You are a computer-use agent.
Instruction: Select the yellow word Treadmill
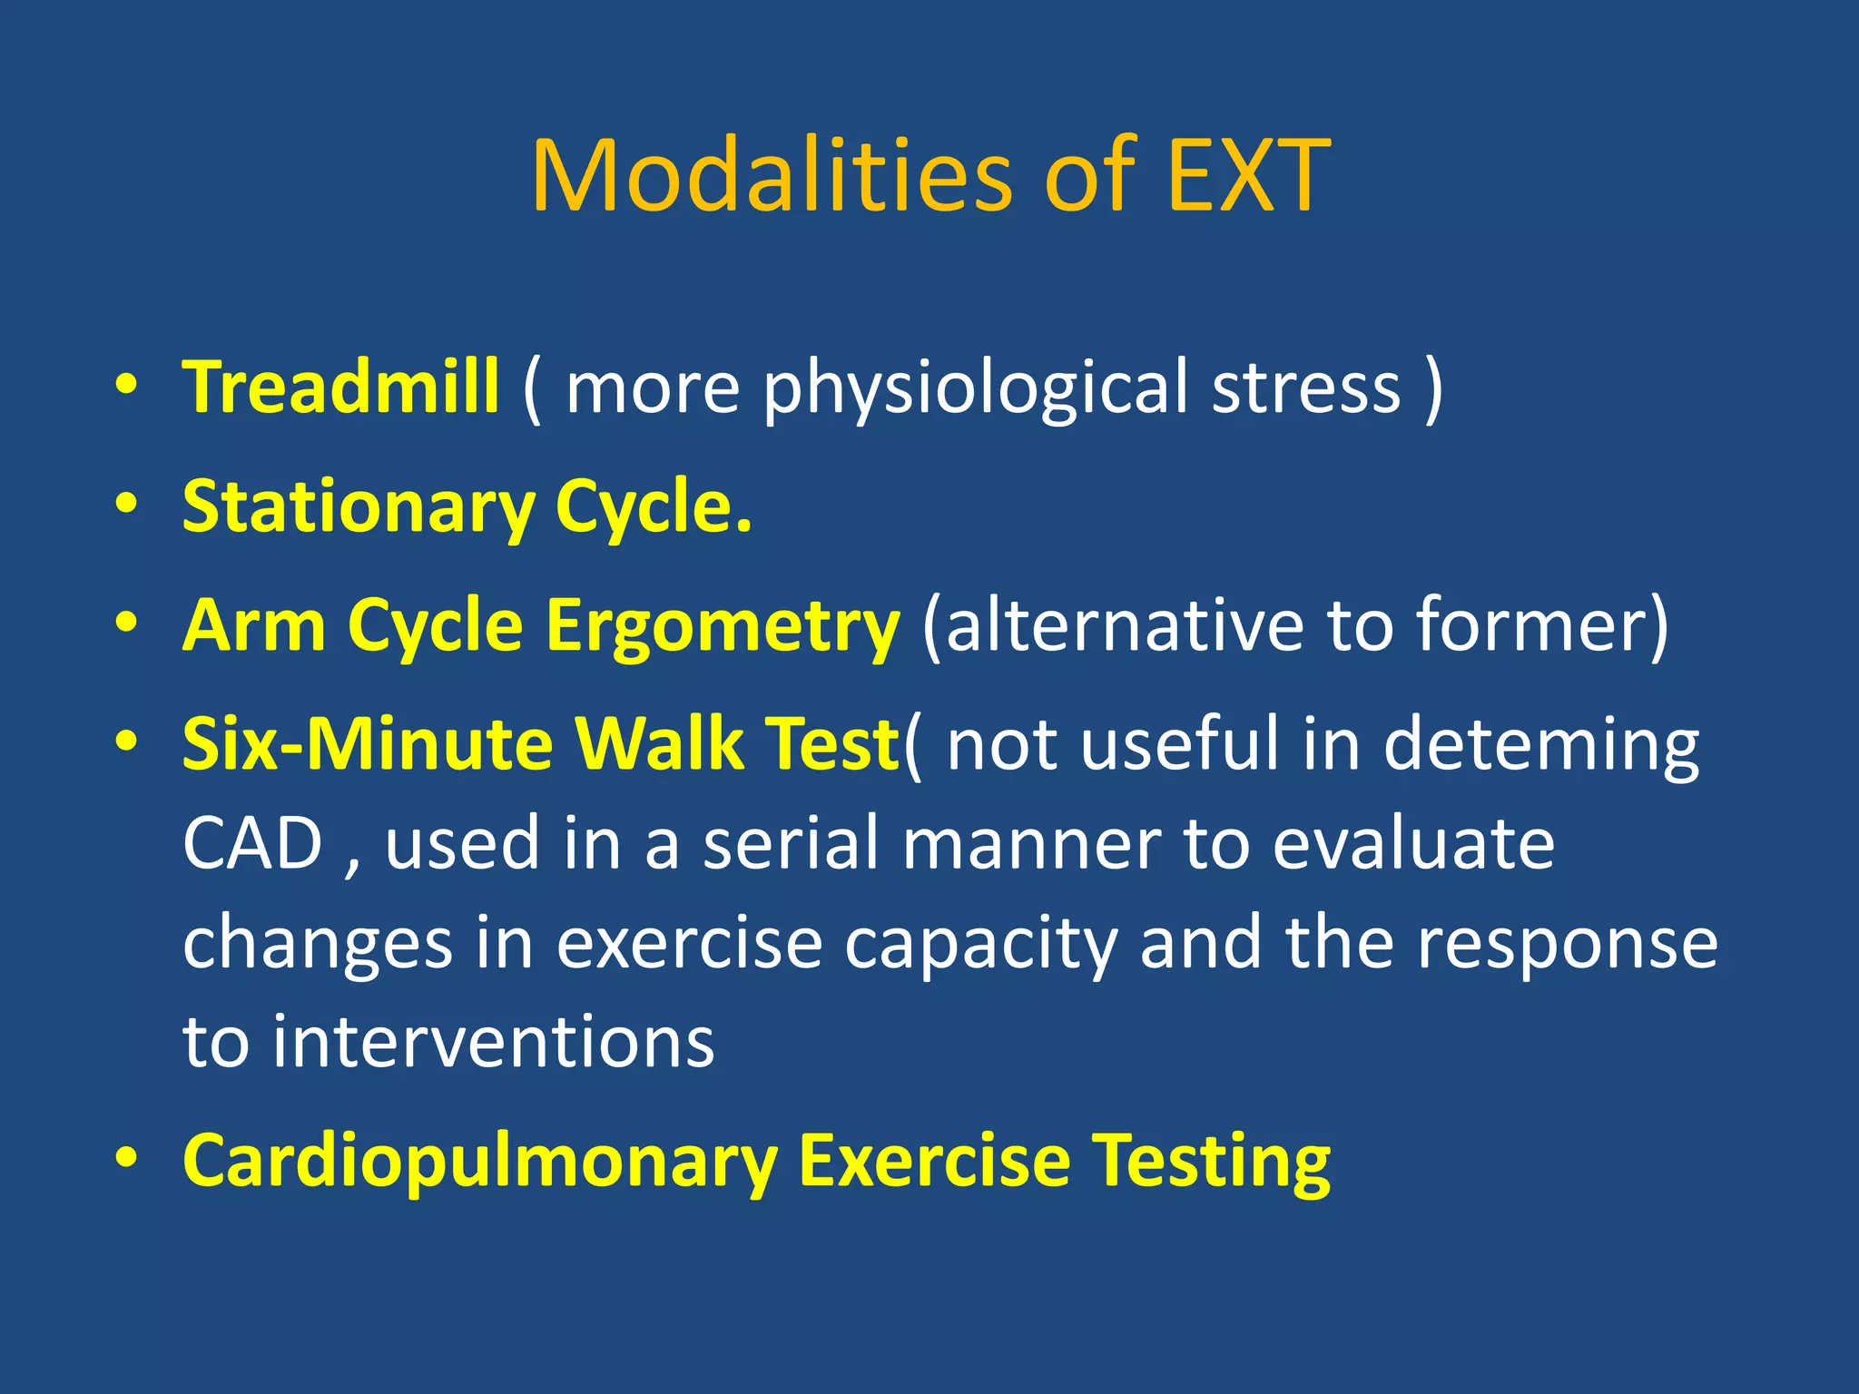click(340, 388)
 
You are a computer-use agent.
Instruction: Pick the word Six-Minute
click(367, 744)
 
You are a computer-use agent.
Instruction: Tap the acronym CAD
click(252, 844)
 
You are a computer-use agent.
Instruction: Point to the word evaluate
click(1413, 844)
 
